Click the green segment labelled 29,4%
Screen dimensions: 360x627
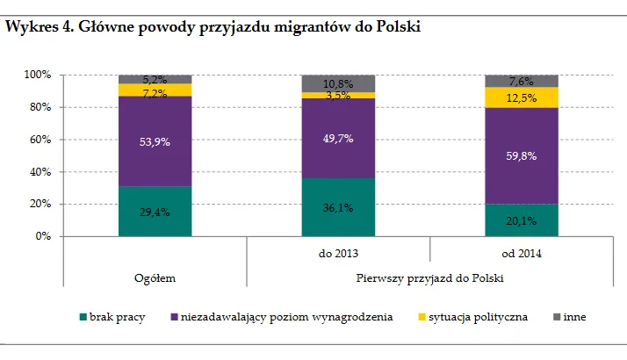(x=155, y=212)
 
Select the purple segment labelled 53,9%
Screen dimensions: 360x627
(x=155, y=141)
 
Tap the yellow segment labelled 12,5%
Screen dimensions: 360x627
(x=522, y=97)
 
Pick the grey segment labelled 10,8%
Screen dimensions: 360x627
(x=338, y=83)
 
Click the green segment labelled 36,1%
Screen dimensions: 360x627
(x=338, y=207)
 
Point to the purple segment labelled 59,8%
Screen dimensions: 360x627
(x=522, y=155)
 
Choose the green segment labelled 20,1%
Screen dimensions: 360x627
(x=522, y=220)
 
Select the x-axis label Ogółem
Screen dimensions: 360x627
(x=155, y=278)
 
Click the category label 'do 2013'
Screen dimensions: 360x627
(x=338, y=253)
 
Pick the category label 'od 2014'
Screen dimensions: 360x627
(x=522, y=253)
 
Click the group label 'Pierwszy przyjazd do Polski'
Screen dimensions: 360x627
(x=429, y=278)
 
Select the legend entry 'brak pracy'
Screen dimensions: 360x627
(x=117, y=317)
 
